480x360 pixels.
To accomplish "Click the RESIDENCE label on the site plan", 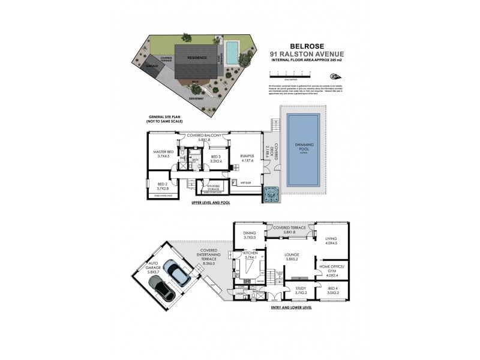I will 197,58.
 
